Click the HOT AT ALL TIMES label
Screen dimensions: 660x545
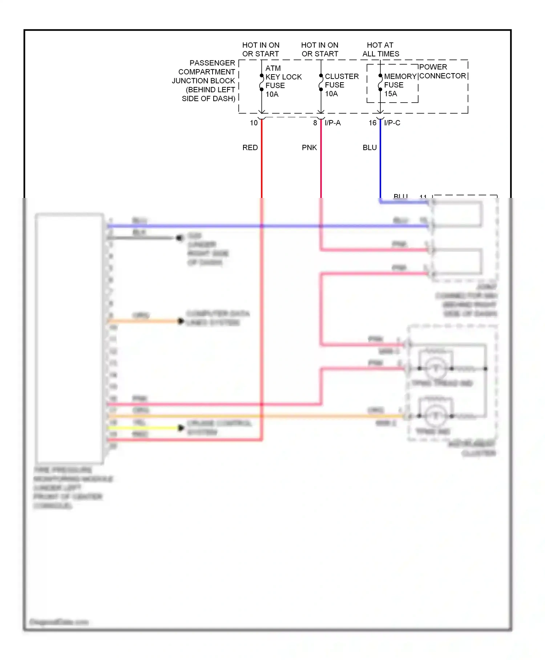pos(380,49)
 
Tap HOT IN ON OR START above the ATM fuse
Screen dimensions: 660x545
pos(261,49)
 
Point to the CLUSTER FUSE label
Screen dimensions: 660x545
pos(341,81)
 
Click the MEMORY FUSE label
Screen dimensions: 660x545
pos(400,81)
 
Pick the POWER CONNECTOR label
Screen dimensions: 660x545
pos(442,72)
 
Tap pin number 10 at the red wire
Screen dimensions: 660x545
pos(254,123)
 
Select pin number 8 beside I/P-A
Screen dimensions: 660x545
pos(315,123)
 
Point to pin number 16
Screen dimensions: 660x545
pos(372,123)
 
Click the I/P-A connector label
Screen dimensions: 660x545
pos(332,123)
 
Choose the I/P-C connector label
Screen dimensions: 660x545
pos(392,123)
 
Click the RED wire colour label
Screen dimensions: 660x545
pos(250,148)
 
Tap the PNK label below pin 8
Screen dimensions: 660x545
pos(309,148)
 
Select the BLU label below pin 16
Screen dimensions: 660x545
pos(370,148)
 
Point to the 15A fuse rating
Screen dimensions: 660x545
pos(391,94)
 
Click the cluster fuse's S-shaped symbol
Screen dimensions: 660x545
pos(321,83)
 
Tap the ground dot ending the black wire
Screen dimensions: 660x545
pos(179,238)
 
